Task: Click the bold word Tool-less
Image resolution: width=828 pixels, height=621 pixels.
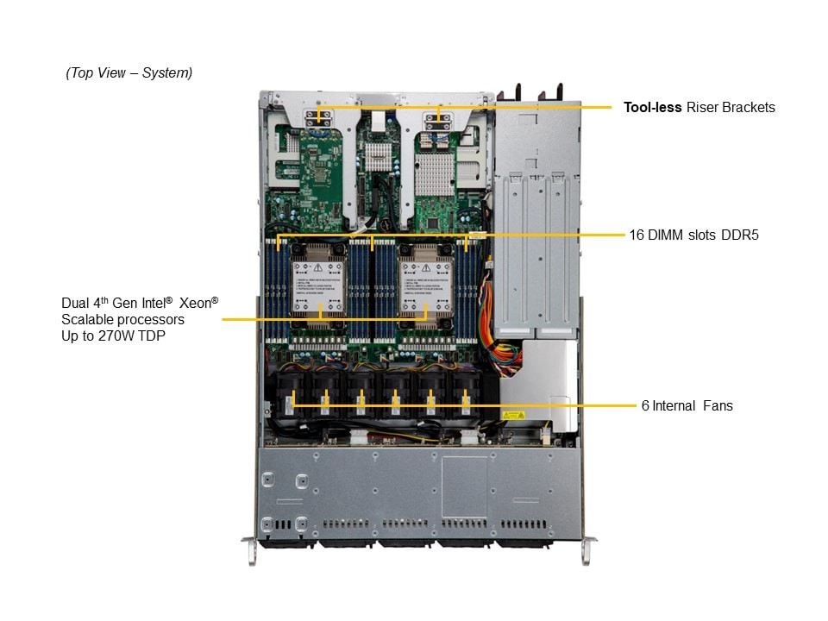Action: click(x=652, y=108)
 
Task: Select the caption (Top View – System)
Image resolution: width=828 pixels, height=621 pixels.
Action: click(x=129, y=73)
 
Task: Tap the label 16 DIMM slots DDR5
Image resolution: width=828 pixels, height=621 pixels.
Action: click(x=693, y=235)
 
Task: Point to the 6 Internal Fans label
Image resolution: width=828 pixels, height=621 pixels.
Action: click(x=687, y=405)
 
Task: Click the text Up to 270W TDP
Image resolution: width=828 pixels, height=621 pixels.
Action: click(x=113, y=336)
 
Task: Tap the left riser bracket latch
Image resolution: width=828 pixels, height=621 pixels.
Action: click(x=318, y=118)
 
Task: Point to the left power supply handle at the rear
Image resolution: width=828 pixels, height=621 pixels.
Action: click(x=520, y=93)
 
